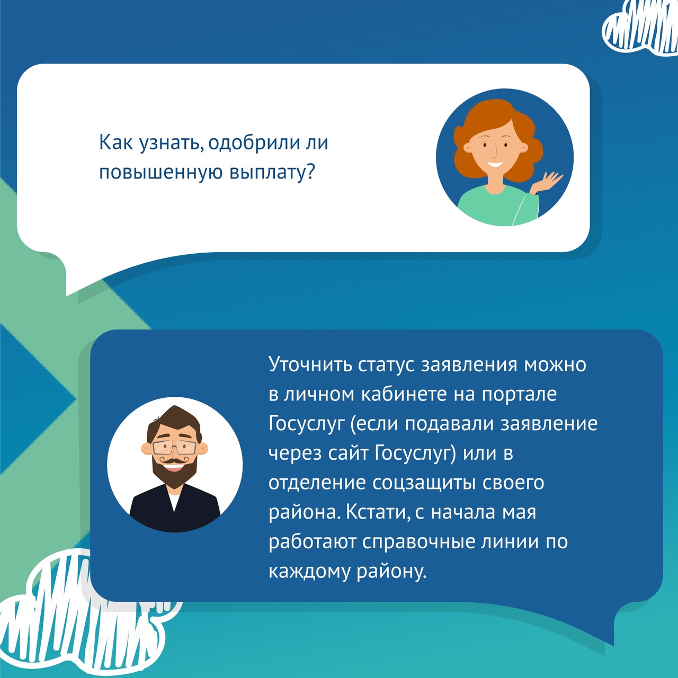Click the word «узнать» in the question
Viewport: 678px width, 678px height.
[x=170, y=144]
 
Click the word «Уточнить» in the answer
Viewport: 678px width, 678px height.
[x=310, y=365]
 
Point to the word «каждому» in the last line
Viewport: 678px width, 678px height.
[x=310, y=572]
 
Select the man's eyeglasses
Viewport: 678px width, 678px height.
[x=174, y=447]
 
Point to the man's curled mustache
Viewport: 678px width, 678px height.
[x=175, y=460]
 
